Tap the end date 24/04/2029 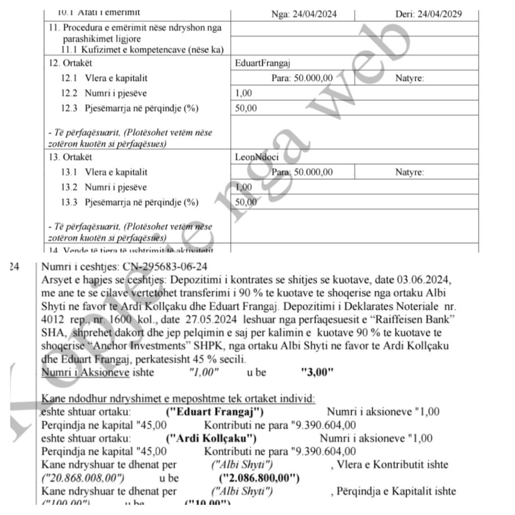pos(428,14)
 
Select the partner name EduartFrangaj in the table pos(263,63)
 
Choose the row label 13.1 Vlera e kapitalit pos(104,172)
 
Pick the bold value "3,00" pos(317,373)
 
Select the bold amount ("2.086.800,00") pos(259,478)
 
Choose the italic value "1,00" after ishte pos(204,373)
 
